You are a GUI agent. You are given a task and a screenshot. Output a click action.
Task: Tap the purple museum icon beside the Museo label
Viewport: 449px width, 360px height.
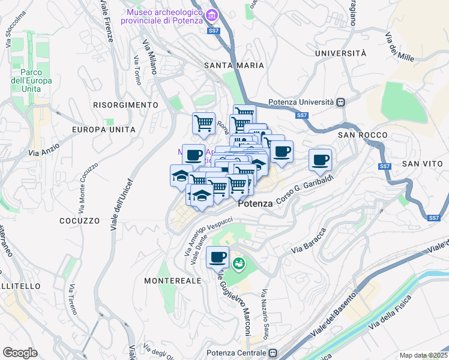(x=209, y=14)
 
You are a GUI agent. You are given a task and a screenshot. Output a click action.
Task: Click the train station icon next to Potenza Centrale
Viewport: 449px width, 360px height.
(x=274, y=353)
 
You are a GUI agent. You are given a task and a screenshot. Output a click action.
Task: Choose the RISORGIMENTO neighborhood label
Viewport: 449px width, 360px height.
(x=125, y=105)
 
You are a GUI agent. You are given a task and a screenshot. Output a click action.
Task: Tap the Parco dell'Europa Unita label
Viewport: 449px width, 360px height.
(x=32, y=80)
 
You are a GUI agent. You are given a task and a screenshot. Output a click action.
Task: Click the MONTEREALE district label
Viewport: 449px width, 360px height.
(x=173, y=280)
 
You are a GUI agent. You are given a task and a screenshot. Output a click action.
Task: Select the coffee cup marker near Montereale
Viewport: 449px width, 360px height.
(x=217, y=257)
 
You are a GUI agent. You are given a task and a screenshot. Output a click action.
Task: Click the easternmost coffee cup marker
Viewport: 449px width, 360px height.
(x=320, y=160)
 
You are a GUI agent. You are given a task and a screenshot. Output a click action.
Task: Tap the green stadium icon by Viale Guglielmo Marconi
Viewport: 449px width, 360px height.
(x=239, y=263)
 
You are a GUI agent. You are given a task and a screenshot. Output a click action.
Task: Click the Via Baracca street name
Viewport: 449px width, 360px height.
(x=308, y=241)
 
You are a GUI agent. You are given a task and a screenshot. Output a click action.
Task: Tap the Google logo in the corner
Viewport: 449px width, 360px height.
(x=20, y=353)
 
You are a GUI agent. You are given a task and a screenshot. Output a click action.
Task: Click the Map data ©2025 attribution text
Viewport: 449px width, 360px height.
(x=423, y=355)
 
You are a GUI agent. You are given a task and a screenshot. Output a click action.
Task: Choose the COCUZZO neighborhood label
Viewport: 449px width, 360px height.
(x=79, y=221)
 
